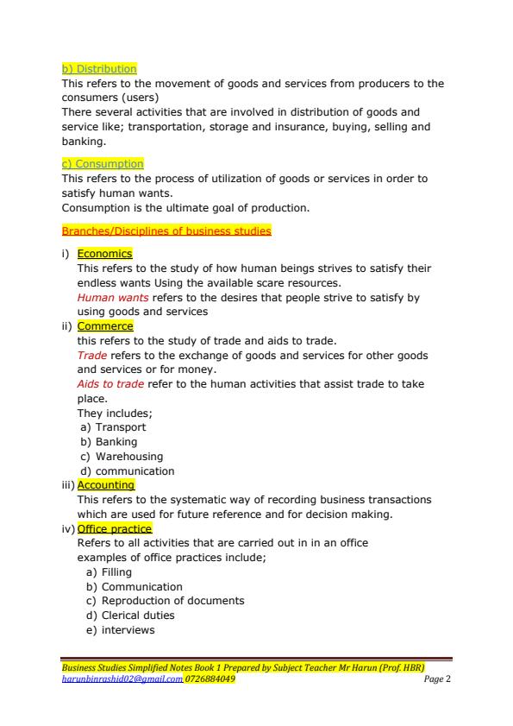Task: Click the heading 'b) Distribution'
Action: tap(99, 69)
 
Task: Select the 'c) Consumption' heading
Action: tap(103, 164)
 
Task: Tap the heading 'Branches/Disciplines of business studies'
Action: tap(166, 231)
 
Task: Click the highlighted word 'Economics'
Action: tap(104, 254)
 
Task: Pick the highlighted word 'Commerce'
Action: tap(105, 326)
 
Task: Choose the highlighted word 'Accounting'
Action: tap(106, 485)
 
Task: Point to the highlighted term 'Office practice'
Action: tap(115, 528)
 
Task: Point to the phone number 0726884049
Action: tap(210, 679)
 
